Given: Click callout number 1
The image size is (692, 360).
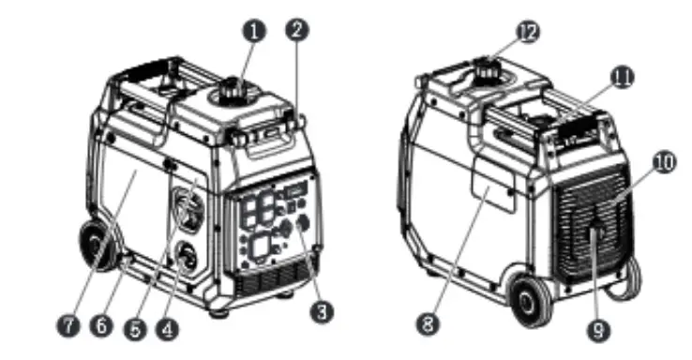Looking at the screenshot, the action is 254,31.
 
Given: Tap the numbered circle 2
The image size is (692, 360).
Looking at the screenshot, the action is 297,30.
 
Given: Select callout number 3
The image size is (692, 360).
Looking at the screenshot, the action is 322,312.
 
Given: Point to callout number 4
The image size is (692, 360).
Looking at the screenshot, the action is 167,329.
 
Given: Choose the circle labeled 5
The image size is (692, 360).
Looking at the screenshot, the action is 135,329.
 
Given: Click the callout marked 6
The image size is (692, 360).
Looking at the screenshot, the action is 101,326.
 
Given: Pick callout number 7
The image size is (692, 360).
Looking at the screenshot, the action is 68,326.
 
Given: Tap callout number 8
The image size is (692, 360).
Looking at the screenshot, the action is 428,324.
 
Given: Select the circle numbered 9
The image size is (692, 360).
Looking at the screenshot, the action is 598,330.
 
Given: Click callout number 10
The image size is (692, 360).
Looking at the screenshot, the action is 664,163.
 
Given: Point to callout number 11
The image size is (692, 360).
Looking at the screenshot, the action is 622,78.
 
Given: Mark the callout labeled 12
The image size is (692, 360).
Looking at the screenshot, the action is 528,32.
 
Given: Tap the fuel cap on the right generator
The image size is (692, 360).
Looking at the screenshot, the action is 487,68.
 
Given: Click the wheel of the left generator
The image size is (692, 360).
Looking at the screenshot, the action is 98,245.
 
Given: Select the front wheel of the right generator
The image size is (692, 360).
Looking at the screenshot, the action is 531,301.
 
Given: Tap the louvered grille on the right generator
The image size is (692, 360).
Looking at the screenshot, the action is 592,225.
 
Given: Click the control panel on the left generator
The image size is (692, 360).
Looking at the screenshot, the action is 274,224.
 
